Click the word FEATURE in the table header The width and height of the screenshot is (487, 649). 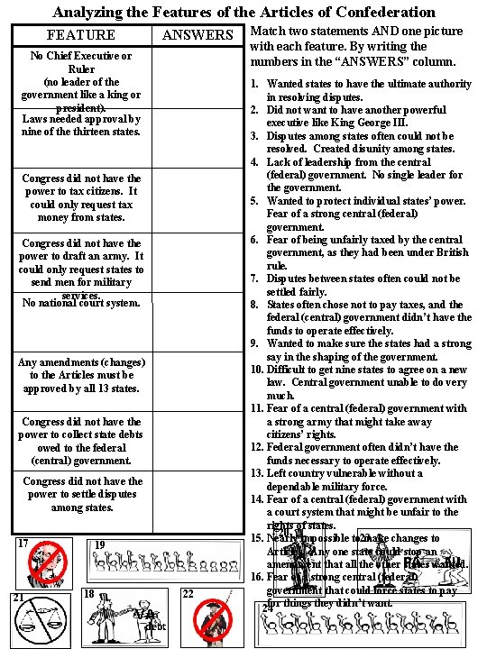click(80, 35)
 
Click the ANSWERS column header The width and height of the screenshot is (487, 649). click(198, 35)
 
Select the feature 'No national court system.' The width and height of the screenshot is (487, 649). click(81, 304)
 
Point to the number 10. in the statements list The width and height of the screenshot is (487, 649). click(256, 369)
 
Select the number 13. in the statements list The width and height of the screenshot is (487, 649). click(256, 473)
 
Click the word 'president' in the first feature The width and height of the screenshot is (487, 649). click(80, 105)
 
